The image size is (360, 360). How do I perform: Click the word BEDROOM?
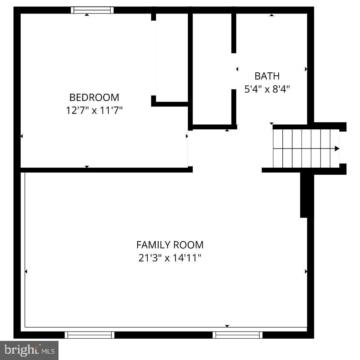[x=94, y=97]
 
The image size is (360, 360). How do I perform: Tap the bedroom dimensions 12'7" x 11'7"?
[x=94, y=111]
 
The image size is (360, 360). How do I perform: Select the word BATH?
[x=267, y=76]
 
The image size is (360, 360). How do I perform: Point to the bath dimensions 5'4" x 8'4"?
[x=267, y=90]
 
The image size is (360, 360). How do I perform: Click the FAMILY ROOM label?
[x=170, y=245]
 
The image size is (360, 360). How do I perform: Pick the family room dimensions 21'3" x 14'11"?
[x=170, y=258]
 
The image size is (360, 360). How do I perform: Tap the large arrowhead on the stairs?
[x=337, y=148]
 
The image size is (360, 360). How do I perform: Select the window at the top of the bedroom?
[x=92, y=10]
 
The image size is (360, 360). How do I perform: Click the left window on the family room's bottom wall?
[x=89, y=334]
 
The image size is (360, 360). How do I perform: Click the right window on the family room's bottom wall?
[x=237, y=334]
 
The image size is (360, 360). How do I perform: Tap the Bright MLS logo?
[x=29, y=350]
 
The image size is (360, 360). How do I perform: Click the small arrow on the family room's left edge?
[x=26, y=271]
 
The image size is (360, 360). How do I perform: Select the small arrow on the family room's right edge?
[x=306, y=271]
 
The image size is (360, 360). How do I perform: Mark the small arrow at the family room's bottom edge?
[x=227, y=326]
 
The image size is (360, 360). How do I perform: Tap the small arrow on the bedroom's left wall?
[x=21, y=136]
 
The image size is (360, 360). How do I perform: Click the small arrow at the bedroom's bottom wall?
[x=87, y=166]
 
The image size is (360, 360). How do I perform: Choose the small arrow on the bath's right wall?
[x=306, y=69]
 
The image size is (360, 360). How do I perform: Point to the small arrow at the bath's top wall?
[x=271, y=15]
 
